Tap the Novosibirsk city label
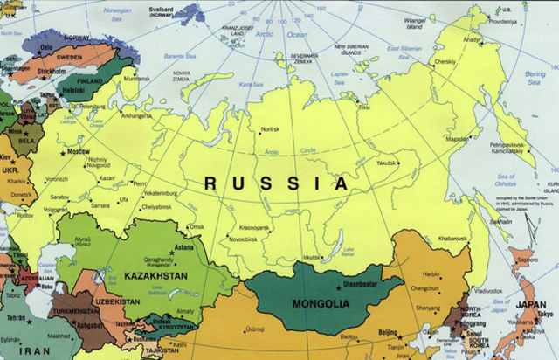pos(250,239)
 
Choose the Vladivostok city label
pos(487,290)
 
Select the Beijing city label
pos(386,333)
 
